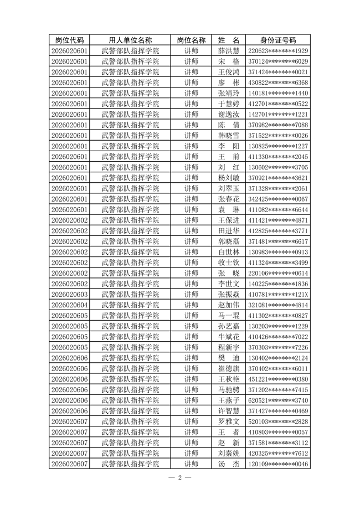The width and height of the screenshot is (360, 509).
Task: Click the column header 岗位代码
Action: pos(69,40)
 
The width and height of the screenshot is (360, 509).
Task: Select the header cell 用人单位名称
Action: pos(130,40)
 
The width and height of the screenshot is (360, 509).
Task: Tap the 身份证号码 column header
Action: pos(278,40)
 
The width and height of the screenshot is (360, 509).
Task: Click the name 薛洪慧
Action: pos(229,50)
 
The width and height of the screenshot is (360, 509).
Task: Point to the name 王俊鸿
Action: pos(229,72)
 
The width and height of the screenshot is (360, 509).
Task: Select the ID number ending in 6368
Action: pos(278,83)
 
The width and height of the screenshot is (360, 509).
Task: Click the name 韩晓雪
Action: pos(229,135)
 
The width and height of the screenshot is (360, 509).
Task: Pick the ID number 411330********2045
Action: pos(278,157)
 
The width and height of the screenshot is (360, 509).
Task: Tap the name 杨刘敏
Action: pos(229,178)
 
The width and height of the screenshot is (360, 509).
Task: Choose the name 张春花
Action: pos(229,199)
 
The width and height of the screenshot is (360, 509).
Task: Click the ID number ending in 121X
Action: pos(278,294)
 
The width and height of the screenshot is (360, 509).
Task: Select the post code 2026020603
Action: pos(69,294)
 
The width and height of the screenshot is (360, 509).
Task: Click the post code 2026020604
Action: pos(69,305)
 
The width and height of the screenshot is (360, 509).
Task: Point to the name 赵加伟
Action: pos(229,305)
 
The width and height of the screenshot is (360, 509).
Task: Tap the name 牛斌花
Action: pos(229,337)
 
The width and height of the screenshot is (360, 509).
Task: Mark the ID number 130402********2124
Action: pos(278,358)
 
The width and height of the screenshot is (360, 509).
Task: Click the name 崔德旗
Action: pos(229,368)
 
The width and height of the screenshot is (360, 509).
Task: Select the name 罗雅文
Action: pos(229,421)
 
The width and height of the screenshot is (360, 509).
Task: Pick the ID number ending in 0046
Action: pos(278,464)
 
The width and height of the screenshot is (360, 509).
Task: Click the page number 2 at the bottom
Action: pos(180,477)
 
